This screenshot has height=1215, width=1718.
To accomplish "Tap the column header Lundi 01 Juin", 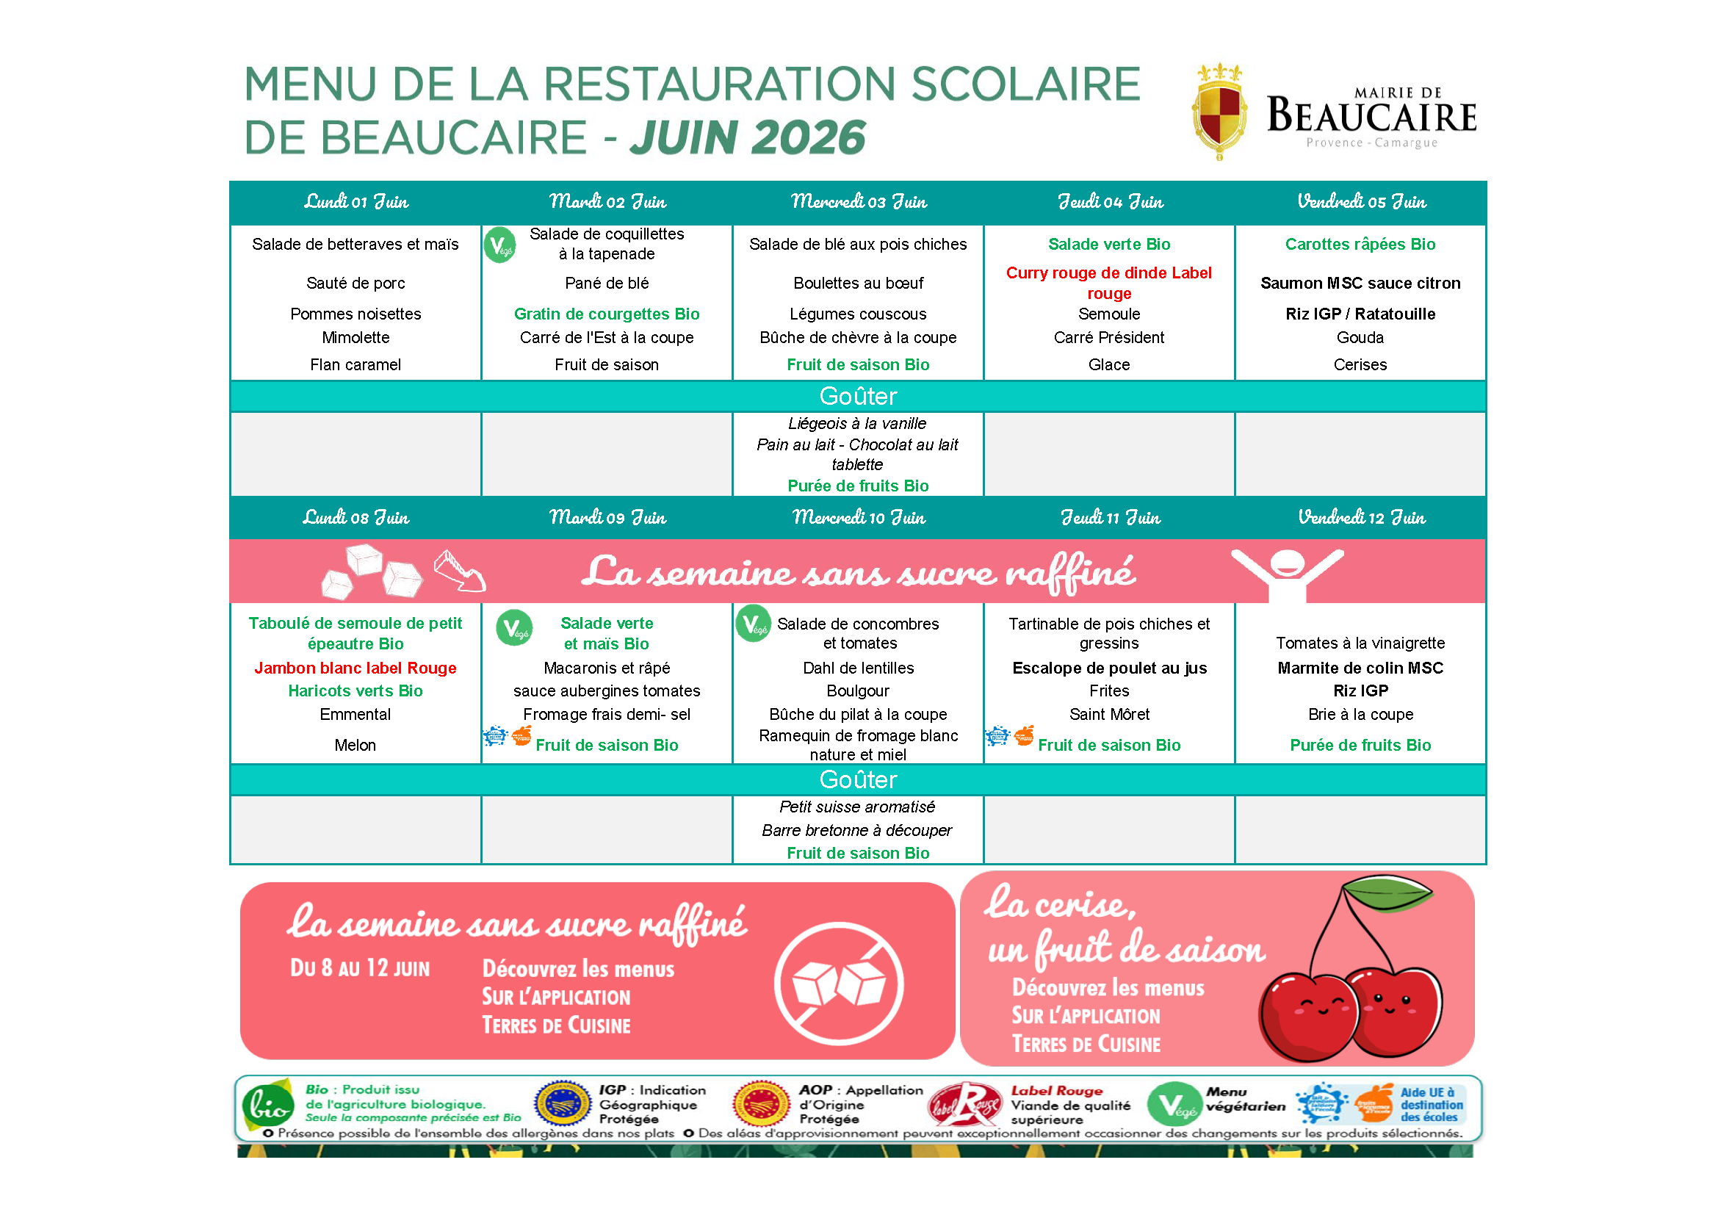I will (x=356, y=202).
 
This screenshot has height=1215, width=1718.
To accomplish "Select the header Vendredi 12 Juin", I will (x=1361, y=518).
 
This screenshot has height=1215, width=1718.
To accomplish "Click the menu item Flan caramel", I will (x=355, y=365).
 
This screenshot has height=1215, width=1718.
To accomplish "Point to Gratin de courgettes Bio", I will (x=607, y=314).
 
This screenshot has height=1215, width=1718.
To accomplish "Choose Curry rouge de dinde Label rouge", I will (x=1109, y=283).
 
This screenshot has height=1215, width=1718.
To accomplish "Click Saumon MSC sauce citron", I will (x=1360, y=284).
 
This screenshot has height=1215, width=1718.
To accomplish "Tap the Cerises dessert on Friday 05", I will (x=1360, y=365).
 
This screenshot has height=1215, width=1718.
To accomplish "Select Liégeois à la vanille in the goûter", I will (x=857, y=424).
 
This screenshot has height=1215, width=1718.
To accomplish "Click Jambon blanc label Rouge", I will (x=355, y=668).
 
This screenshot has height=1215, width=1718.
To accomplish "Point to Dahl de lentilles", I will (x=858, y=668).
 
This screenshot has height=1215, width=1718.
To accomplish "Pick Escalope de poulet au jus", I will (x=1109, y=668).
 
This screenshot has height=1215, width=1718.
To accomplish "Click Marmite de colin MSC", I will (x=1360, y=668).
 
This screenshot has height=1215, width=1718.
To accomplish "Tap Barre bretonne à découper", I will (x=857, y=831).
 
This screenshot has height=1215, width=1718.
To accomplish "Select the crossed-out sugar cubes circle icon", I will (x=839, y=983).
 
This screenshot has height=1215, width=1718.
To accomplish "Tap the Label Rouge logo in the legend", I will (x=965, y=1106).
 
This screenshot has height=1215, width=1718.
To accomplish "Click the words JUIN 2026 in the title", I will (x=748, y=137).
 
